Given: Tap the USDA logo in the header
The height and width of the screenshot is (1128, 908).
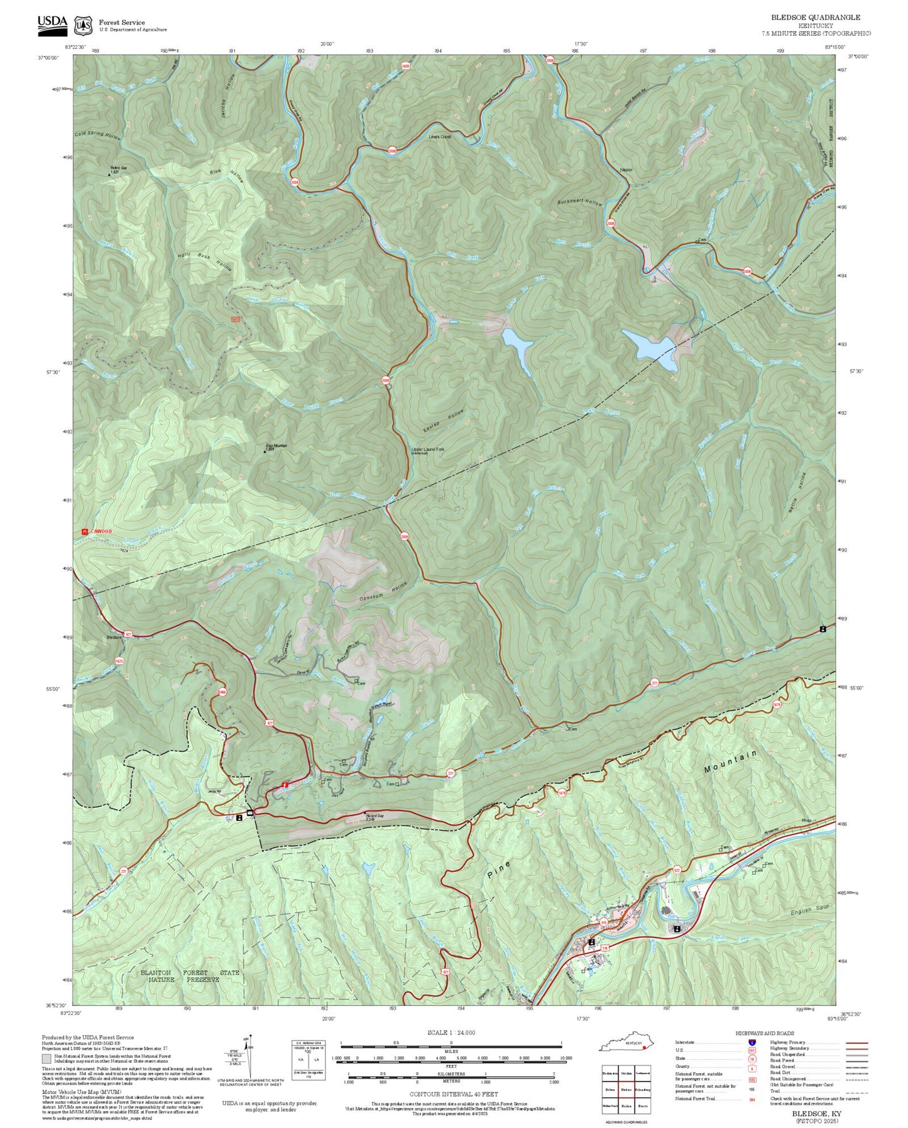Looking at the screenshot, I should click(x=52, y=23).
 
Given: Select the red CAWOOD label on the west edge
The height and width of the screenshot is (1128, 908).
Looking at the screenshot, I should click(x=100, y=531).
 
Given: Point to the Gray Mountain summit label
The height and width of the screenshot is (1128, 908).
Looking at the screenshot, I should click(x=276, y=446).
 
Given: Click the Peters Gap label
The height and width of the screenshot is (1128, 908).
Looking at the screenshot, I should click(x=119, y=169).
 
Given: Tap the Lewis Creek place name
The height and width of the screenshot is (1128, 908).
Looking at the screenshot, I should click(x=440, y=136).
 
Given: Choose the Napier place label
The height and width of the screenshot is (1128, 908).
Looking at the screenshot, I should click(x=626, y=170).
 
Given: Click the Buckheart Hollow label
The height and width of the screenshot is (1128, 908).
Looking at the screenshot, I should click(x=579, y=202).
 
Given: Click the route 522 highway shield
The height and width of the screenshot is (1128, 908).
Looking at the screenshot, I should click(x=677, y=870).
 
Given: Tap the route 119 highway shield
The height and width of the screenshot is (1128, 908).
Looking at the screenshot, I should click(x=605, y=947).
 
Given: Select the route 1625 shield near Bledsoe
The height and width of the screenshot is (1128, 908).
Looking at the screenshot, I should click(x=119, y=661).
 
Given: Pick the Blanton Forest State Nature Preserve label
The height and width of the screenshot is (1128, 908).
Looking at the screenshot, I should click(x=189, y=976).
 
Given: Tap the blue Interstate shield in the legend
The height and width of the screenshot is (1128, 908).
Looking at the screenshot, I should click(x=752, y=1042).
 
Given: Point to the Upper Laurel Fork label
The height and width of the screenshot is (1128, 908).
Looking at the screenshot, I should click(x=427, y=450).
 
